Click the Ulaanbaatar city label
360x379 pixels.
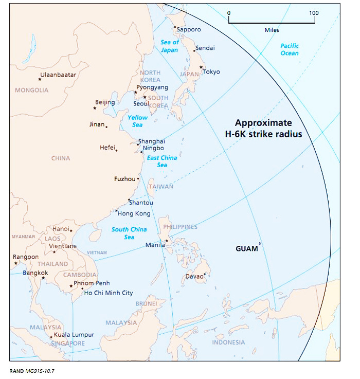click(x=58, y=75)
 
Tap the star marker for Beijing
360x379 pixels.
click(x=95, y=108)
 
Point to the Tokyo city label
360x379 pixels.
click(x=211, y=71)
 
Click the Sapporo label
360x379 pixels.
click(x=189, y=29)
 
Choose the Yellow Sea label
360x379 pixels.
click(x=138, y=121)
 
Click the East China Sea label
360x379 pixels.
click(x=161, y=161)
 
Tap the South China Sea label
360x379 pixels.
click(x=129, y=233)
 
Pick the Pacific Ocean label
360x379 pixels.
click(x=290, y=49)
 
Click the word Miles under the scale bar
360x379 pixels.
click(x=272, y=30)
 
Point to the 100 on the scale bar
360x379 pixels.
click(x=314, y=13)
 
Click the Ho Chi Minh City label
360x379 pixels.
click(x=108, y=293)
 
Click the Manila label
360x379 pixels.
click(x=155, y=245)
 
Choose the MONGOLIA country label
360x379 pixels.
click(x=31, y=91)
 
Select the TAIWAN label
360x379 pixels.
click(x=161, y=187)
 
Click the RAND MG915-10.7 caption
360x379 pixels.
click(x=30, y=371)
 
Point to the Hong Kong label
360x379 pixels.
click(x=134, y=213)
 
